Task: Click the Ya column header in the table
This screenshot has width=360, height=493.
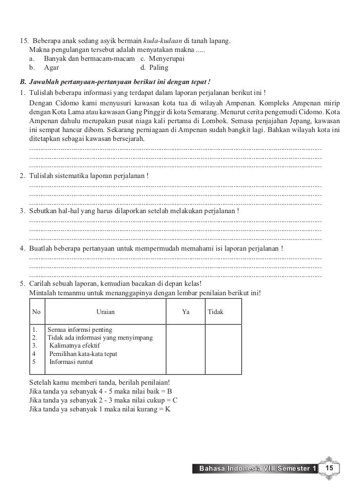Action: (x=186, y=312)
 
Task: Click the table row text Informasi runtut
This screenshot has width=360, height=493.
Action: (x=71, y=361)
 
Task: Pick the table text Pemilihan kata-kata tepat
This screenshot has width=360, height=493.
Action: (x=83, y=354)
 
